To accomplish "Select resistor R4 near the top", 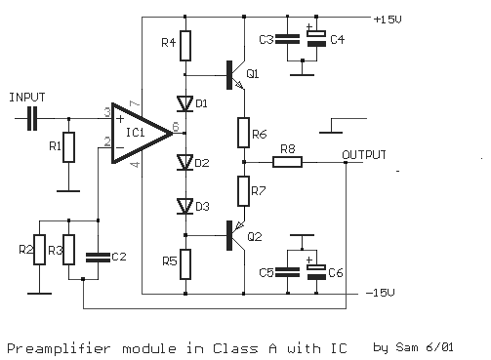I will [183, 45].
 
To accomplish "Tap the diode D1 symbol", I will [183, 102].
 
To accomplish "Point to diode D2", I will [183, 162].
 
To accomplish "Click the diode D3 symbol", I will [183, 205].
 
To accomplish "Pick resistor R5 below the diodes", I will [183, 261].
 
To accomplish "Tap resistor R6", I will [243, 130].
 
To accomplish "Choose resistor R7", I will [243, 187].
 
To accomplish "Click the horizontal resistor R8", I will [287, 162].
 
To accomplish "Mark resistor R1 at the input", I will [67, 148].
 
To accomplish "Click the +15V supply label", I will [387, 18].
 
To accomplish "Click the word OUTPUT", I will [364, 155].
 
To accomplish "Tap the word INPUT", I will [26, 98].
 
